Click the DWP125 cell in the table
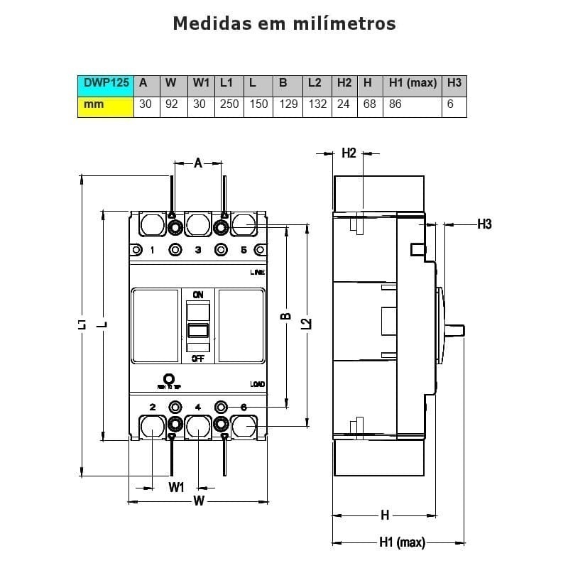(x=106, y=83)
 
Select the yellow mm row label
(x=106, y=104)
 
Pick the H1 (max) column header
(x=413, y=83)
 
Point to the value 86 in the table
(x=395, y=104)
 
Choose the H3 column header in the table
(x=454, y=83)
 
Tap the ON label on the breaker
(x=198, y=294)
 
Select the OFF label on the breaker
(x=198, y=359)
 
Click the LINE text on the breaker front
(x=257, y=273)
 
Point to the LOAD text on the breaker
(x=257, y=384)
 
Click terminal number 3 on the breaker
(x=198, y=250)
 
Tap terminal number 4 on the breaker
(x=198, y=407)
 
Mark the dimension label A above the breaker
(x=198, y=163)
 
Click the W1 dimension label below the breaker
(x=176, y=487)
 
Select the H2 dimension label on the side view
(x=349, y=153)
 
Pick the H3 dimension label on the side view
(x=484, y=224)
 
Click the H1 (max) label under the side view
(x=401, y=543)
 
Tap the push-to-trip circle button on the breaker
(x=169, y=378)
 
